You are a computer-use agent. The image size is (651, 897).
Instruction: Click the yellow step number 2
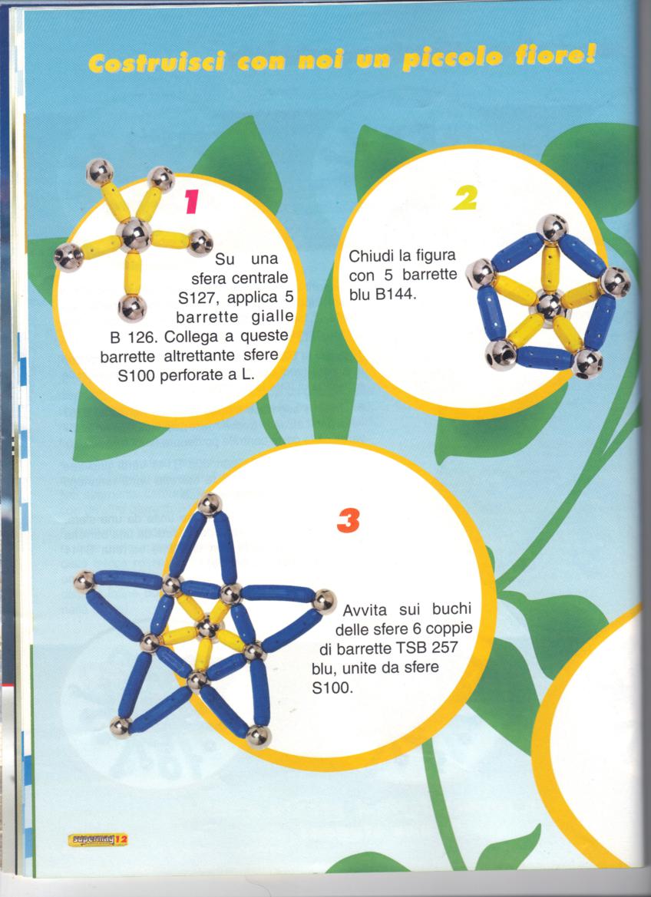pyautogui.click(x=464, y=198)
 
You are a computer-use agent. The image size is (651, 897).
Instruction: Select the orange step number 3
pyautogui.click(x=348, y=520)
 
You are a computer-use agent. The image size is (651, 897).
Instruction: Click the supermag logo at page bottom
pyautogui.click(x=97, y=839)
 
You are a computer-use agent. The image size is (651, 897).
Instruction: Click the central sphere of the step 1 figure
pyautogui.click(x=134, y=235)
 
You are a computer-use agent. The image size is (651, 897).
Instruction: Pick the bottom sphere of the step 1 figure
pyautogui.click(x=132, y=308)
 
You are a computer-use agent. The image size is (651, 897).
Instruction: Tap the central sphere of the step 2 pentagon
pyautogui.click(x=548, y=307)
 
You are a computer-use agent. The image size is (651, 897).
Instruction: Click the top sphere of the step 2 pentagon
pyautogui.click(x=552, y=228)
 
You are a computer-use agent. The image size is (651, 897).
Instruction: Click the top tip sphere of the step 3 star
pyautogui.click(x=210, y=504)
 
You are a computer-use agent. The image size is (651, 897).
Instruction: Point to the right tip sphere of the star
pyautogui.click(x=324, y=602)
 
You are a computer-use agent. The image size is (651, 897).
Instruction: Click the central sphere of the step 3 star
pyautogui.click(x=207, y=628)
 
